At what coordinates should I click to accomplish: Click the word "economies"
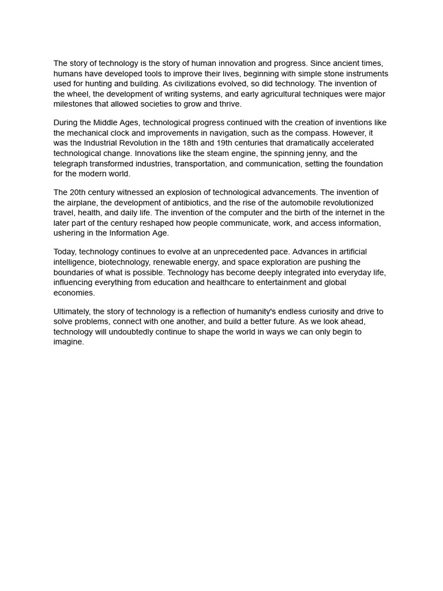coord(74,293)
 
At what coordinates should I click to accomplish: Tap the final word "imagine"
coord(69,342)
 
